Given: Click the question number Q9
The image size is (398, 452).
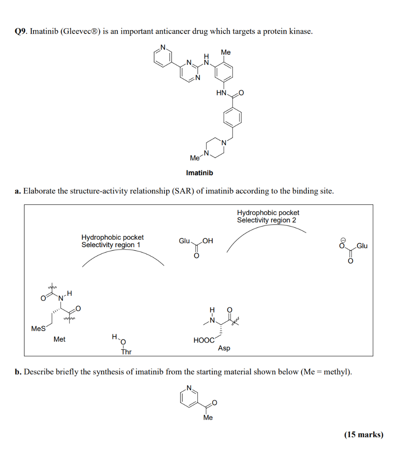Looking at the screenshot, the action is [x=20, y=31].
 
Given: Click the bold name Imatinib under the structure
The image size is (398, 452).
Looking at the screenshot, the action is [x=199, y=173].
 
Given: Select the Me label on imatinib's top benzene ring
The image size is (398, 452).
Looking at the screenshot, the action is [x=225, y=52].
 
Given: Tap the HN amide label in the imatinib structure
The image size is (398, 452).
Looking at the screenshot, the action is [x=221, y=93].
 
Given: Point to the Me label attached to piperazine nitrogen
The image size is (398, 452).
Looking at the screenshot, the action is [x=194, y=158].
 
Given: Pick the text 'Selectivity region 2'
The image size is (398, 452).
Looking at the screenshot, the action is [x=267, y=220].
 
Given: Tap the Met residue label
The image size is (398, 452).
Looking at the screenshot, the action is [x=59, y=339].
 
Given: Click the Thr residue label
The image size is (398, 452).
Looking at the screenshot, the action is [x=126, y=352].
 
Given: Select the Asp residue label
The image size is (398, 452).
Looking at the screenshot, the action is [x=224, y=348].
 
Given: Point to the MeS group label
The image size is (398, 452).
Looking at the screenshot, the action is [x=38, y=328].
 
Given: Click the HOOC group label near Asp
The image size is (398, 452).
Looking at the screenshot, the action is [x=203, y=340].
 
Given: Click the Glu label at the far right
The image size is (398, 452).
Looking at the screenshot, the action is [x=362, y=246].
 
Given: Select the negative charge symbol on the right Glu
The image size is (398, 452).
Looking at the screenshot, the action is [x=341, y=238].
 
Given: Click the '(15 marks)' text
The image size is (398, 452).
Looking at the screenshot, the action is [x=364, y=434].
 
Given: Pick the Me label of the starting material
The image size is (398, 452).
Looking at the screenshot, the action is [x=208, y=418].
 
